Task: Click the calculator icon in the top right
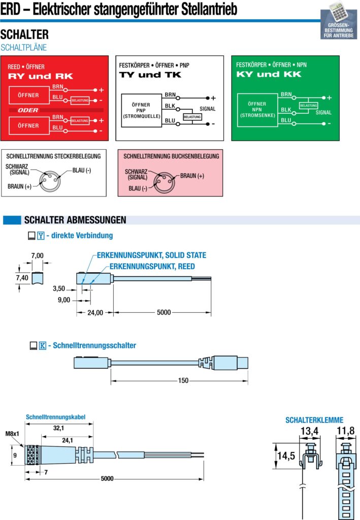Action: click(x=338, y=12)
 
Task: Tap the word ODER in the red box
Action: click(x=28, y=110)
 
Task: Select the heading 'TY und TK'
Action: click(x=150, y=75)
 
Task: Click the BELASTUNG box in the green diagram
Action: click(x=308, y=106)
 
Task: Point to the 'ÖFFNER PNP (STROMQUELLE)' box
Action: click(x=141, y=110)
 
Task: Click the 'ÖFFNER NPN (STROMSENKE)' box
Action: click(x=257, y=110)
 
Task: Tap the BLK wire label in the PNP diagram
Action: click(x=170, y=106)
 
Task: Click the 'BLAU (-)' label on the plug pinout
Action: click(x=82, y=171)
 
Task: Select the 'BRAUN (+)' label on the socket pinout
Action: click(x=192, y=176)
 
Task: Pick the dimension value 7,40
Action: click(x=22, y=278)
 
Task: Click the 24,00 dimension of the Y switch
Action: click(x=95, y=313)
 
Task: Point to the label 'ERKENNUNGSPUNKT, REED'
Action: click(x=152, y=266)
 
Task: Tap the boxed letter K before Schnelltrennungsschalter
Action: click(x=43, y=345)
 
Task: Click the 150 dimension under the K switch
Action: click(x=183, y=380)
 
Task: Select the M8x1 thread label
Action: click(x=12, y=434)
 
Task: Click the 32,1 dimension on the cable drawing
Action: click(x=59, y=428)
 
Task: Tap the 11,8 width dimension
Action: click(x=345, y=431)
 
